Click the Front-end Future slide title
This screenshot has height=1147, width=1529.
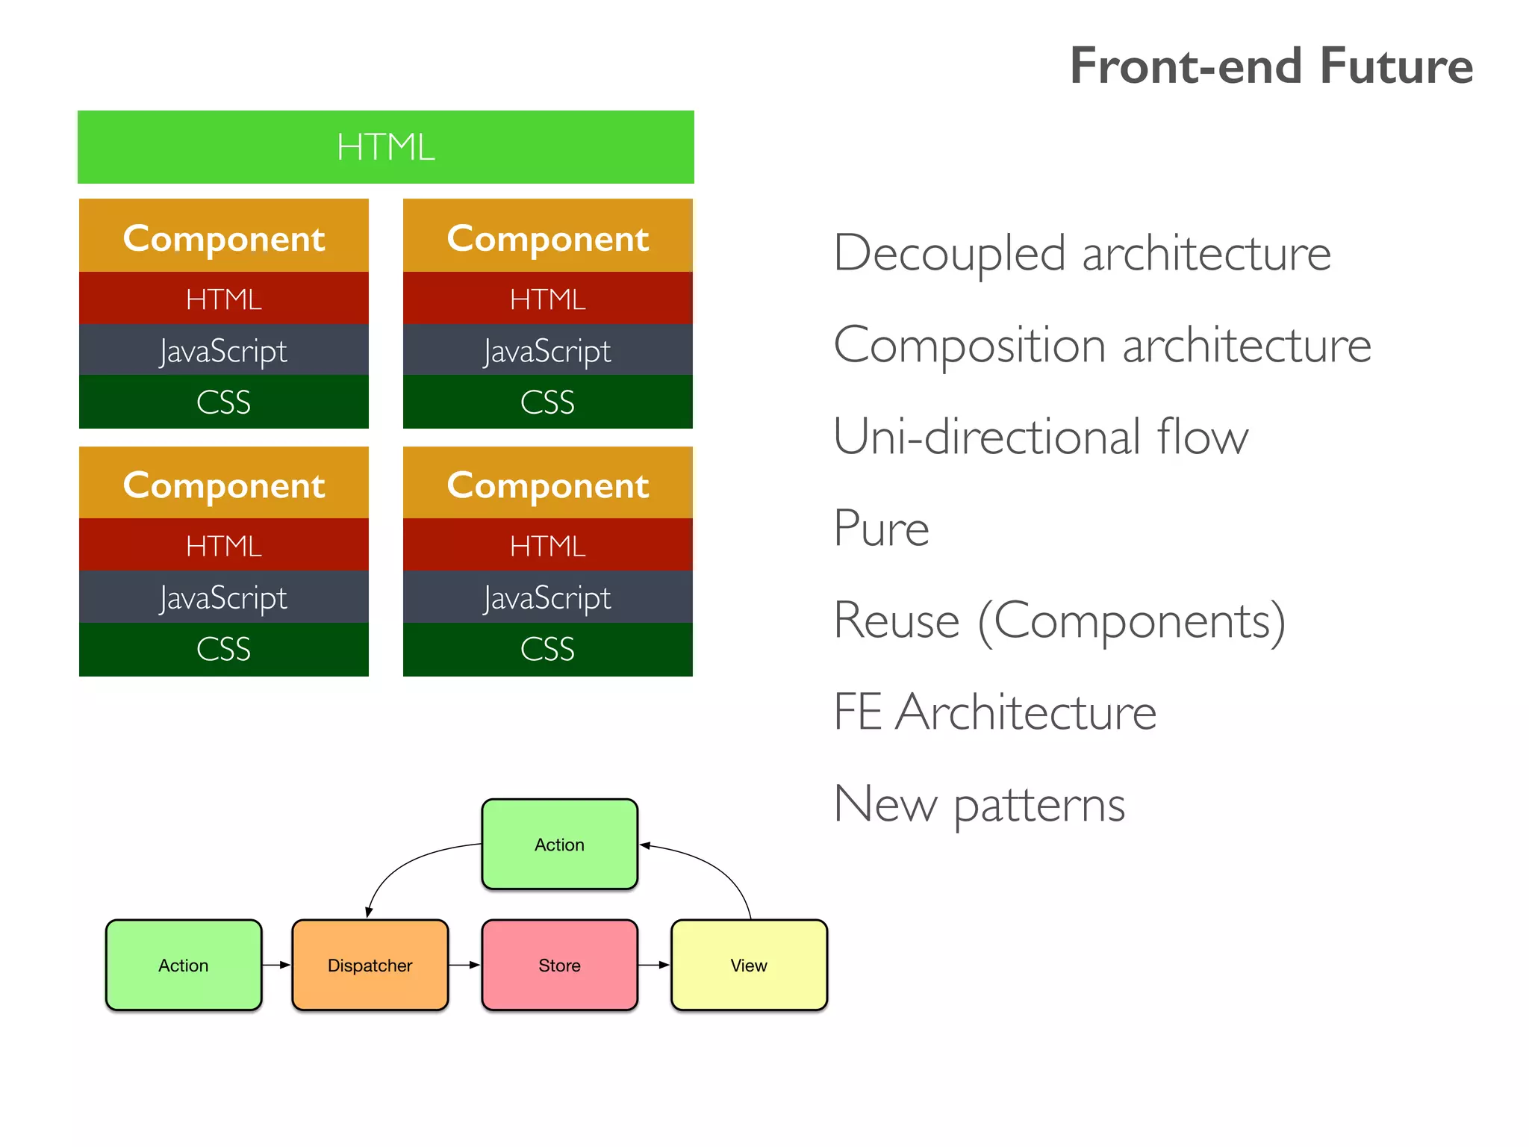(x=1271, y=66)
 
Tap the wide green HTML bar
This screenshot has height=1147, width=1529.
(x=385, y=147)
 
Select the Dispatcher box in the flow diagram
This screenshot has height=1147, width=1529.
(x=370, y=965)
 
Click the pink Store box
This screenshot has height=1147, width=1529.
(x=559, y=965)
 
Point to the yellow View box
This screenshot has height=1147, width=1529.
(x=749, y=965)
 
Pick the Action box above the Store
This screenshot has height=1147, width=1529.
(x=559, y=845)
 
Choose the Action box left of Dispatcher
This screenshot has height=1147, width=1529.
(x=184, y=965)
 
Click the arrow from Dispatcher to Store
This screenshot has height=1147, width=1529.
(x=464, y=965)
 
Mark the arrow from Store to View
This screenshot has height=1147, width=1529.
(x=654, y=965)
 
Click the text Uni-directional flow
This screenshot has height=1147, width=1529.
(x=1040, y=437)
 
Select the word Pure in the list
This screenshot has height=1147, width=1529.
(x=881, y=529)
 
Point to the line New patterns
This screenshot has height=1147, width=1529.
(x=979, y=804)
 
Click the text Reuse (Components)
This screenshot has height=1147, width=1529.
(x=1059, y=621)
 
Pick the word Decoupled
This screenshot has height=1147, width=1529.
(x=950, y=254)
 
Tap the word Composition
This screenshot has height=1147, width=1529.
(x=969, y=346)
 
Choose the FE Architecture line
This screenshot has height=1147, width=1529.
(x=994, y=712)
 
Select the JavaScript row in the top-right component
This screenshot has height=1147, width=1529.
(x=547, y=350)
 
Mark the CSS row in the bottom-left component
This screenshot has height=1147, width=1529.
(x=224, y=649)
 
